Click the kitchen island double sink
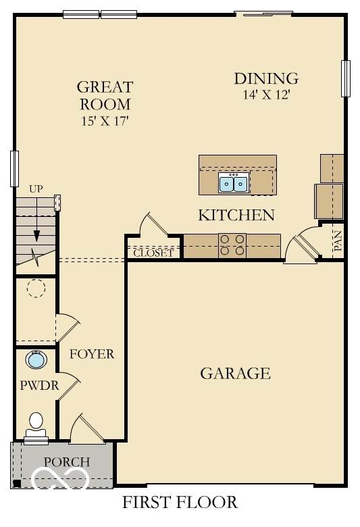234,183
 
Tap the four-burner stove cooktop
232,245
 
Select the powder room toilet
36,426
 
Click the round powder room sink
36,359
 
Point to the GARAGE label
235,374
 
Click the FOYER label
92,354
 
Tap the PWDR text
39,385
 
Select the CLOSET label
153,253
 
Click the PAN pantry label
338,241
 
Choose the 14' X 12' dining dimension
266,95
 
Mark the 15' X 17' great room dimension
105,121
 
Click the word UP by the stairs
36,189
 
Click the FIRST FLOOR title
180,502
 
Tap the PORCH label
67,462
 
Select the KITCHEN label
236,215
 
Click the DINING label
266,78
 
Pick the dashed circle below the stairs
36,288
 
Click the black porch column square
16,483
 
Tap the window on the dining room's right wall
346,78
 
